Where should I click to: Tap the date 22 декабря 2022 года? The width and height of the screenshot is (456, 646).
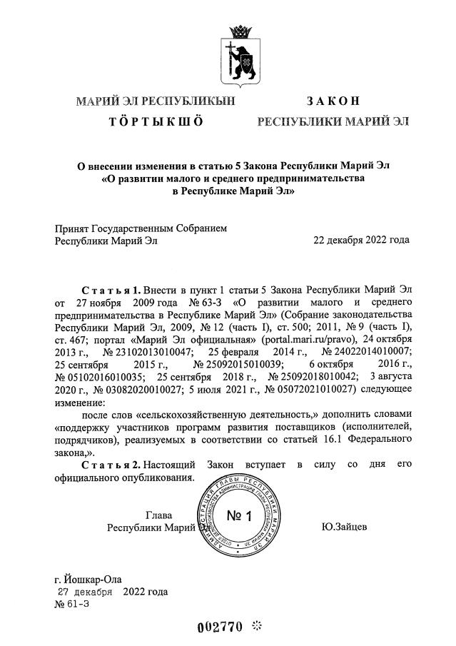[361, 240]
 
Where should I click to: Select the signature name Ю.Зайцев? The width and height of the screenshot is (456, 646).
[345, 528]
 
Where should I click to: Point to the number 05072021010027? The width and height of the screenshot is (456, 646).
[312, 391]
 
